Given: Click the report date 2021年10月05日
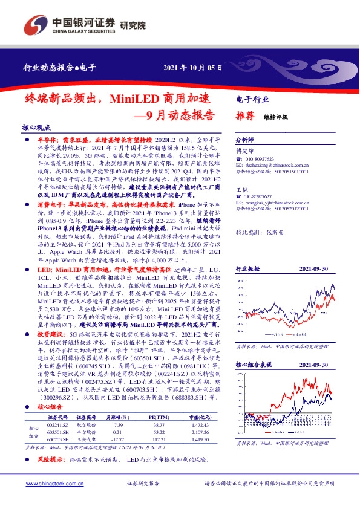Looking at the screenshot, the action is pyautogui.click(x=193, y=68).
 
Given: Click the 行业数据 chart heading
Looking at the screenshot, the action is pyautogui.click(x=247, y=268).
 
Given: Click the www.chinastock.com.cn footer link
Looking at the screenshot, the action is pyautogui.click(x=48, y=483).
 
